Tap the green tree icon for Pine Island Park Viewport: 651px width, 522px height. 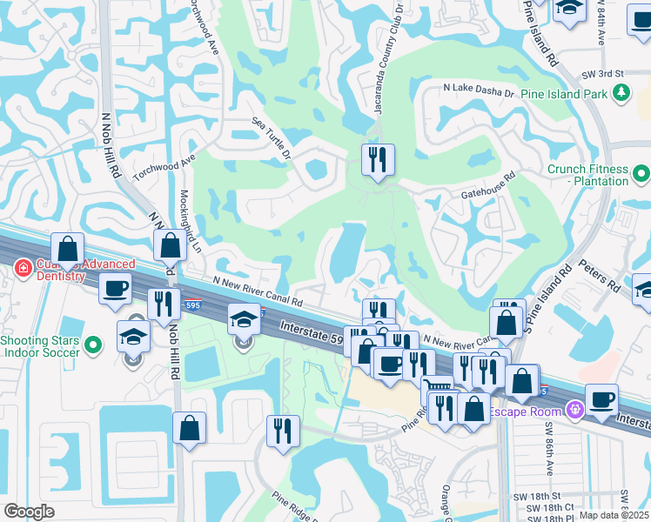tap(621, 93)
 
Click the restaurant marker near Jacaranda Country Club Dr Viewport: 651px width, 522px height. tap(378, 160)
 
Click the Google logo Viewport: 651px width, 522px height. tap(29, 511)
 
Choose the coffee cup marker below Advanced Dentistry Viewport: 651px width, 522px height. tap(115, 289)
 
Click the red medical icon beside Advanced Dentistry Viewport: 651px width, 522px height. tap(22, 271)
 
